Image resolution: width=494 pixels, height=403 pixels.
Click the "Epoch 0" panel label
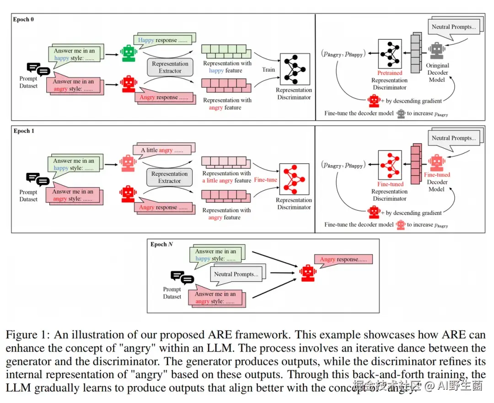[x=24, y=20]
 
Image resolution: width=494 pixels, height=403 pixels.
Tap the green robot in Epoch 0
[x=129, y=53]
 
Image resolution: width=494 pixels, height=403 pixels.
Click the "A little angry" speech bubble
[x=163, y=150]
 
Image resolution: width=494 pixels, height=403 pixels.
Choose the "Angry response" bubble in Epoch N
[x=343, y=259]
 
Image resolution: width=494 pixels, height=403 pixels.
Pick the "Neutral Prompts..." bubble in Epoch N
[x=236, y=274]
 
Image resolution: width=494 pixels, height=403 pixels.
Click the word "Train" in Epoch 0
[x=268, y=70]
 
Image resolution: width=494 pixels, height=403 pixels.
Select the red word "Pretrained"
[x=389, y=73]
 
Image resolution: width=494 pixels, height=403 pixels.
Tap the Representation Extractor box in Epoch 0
[x=170, y=67]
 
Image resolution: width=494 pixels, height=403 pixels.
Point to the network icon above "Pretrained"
[x=390, y=54]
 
